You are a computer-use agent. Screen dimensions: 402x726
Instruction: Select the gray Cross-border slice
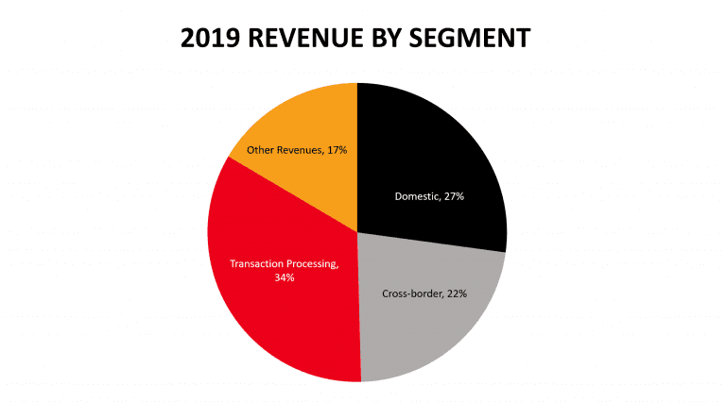[425, 321]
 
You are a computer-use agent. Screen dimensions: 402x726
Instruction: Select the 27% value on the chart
[452, 196]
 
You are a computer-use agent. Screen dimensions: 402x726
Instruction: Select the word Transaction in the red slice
[256, 263]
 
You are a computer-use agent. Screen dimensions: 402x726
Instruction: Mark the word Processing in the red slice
[310, 263]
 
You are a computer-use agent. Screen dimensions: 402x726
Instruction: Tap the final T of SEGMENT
[523, 39]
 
